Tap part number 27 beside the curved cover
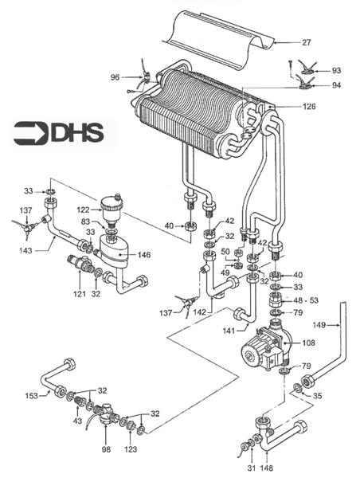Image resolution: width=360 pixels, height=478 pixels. click(x=307, y=41)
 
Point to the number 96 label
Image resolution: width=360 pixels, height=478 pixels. click(x=115, y=77)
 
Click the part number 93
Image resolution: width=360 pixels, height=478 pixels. click(x=337, y=70)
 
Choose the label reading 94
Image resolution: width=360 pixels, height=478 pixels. click(x=337, y=84)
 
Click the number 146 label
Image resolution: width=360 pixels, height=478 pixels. click(x=144, y=255)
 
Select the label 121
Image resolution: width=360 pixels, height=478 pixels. click(x=80, y=294)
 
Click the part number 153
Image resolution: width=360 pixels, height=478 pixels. click(x=31, y=396)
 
